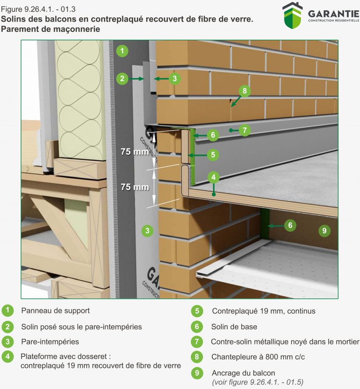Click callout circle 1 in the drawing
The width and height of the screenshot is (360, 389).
(122, 51)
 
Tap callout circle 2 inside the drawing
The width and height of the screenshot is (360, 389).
(122, 78)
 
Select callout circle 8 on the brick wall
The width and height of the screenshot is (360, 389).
(244, 91)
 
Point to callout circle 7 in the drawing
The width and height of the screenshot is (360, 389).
(245, 130)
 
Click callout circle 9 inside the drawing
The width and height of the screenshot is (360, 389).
(323, 230)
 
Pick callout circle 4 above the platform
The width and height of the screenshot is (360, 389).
(213, 177)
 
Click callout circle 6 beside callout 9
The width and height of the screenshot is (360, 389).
(290, 226)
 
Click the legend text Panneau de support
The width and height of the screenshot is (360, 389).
(55, 311)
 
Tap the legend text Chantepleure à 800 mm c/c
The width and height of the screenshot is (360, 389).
(258, 357)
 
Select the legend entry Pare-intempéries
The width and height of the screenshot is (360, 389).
(50, 342)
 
